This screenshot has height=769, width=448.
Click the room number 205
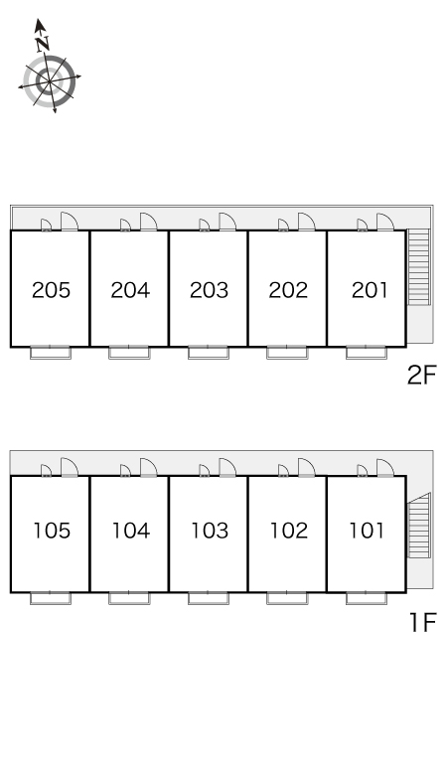(x=51, y=290)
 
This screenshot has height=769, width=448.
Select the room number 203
(x=210, y=290)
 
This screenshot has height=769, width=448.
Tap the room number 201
(x=370, y=290)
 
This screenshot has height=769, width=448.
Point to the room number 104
(x=131, y=531)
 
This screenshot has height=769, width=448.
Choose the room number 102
(x=289, y=531)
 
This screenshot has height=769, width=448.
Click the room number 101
(x=367, y=531)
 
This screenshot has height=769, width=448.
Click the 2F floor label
(x=421, y=376)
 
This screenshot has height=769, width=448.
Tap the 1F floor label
(x=423, y=623)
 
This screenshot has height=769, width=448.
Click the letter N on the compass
(x=43, y=44)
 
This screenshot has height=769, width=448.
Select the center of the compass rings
(x=50, y=81)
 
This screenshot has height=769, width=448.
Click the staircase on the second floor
(x=418, y=267)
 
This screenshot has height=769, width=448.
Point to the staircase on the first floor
(x=418, y=526)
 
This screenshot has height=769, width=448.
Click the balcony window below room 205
(x=51, y=352)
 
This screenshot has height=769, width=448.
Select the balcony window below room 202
(x=287, y=352)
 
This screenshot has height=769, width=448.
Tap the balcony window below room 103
(x=209, y=598)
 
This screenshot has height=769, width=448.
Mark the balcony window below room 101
(x=367, y=598)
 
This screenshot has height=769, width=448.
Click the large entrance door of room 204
(x=148, y=222)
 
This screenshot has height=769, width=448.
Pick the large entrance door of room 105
(x=70, y=467)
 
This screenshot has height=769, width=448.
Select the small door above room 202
(x=283, y=225)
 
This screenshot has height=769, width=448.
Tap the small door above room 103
(x=205, y=470)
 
